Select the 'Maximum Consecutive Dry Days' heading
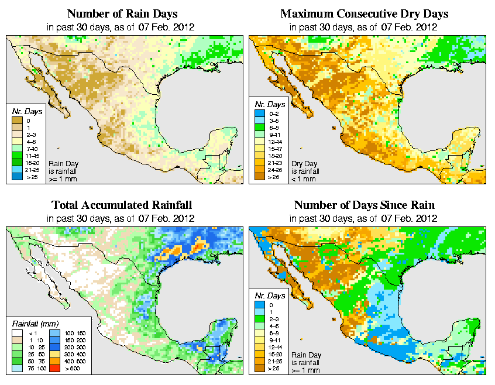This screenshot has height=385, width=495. (x=364, y=13)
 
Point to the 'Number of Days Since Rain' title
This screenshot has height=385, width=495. (x=364, y=205)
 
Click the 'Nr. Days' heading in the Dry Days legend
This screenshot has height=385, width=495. (x=269, y=110)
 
